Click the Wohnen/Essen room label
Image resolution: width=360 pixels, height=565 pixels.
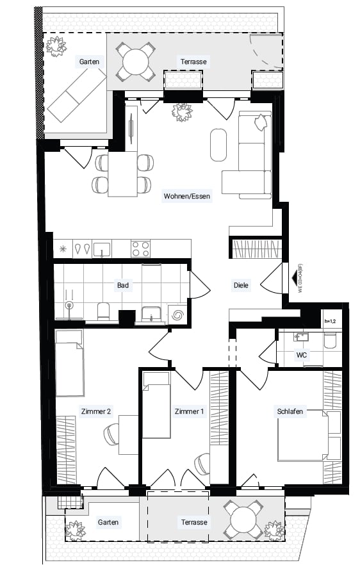click(x=186, y=197)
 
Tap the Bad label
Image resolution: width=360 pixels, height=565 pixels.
click(x=122, y=285)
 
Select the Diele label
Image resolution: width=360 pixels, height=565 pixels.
click(x=241, y=285)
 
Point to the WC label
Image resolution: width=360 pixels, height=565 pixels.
click(x=302, y=355)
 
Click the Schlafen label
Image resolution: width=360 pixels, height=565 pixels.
click(x=290, y=411)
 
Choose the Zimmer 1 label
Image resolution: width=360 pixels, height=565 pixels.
click(x=189, y=411)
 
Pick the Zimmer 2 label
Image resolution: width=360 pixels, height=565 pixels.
click(x=96, y=411)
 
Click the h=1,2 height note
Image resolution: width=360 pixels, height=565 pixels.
click(x=330, y=322)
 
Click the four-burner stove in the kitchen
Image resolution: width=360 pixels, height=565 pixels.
click(x=140, y=249)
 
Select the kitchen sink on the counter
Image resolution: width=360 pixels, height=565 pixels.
click(x=102, y=249)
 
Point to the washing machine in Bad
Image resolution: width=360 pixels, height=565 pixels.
click(x=177, y=315)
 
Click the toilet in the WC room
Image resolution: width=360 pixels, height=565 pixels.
click(x=330, y=341)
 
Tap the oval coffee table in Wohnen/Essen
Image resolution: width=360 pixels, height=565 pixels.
click(x=218, y=145)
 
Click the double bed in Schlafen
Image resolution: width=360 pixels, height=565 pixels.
click(x=309, y=436)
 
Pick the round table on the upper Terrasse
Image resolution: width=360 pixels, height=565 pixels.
click(x=136, y=62)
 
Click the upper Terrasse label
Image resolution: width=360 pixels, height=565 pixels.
click(x=194, y=61)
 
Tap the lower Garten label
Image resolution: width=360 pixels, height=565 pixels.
click(x=108, y=522)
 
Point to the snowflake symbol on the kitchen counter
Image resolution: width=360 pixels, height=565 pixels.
click(x=63, y=249)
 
